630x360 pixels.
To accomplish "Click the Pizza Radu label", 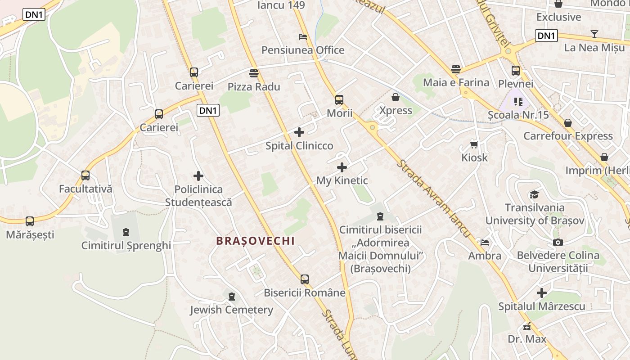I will point(254,87).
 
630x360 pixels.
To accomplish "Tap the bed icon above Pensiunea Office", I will point(303,37).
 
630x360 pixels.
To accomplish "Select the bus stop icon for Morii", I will point(339,100).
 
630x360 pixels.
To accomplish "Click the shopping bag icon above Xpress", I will point(396,97).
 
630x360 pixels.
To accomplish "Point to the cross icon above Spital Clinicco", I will point(299,132).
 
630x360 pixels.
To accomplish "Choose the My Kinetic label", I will point(342,181).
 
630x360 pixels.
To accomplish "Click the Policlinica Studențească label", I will point(198,196).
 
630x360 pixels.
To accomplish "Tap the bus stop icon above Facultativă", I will point(85,175).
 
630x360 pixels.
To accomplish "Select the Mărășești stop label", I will point(30,234).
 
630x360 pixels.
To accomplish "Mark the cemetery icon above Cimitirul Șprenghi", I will point(126,232).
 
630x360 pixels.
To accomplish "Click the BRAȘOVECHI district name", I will point(256,241).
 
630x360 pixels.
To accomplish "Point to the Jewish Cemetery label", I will point(231,310).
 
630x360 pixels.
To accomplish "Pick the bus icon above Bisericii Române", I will point(305,279).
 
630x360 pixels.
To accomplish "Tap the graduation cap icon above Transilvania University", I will point(534,194).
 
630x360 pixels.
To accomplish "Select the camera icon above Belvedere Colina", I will point(558,243).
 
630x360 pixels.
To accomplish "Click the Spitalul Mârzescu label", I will point(542,306).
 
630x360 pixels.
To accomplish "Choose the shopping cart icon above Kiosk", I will point(474,144).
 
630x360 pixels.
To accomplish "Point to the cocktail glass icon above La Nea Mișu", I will point(594,34).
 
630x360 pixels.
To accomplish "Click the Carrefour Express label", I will point(568,136).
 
